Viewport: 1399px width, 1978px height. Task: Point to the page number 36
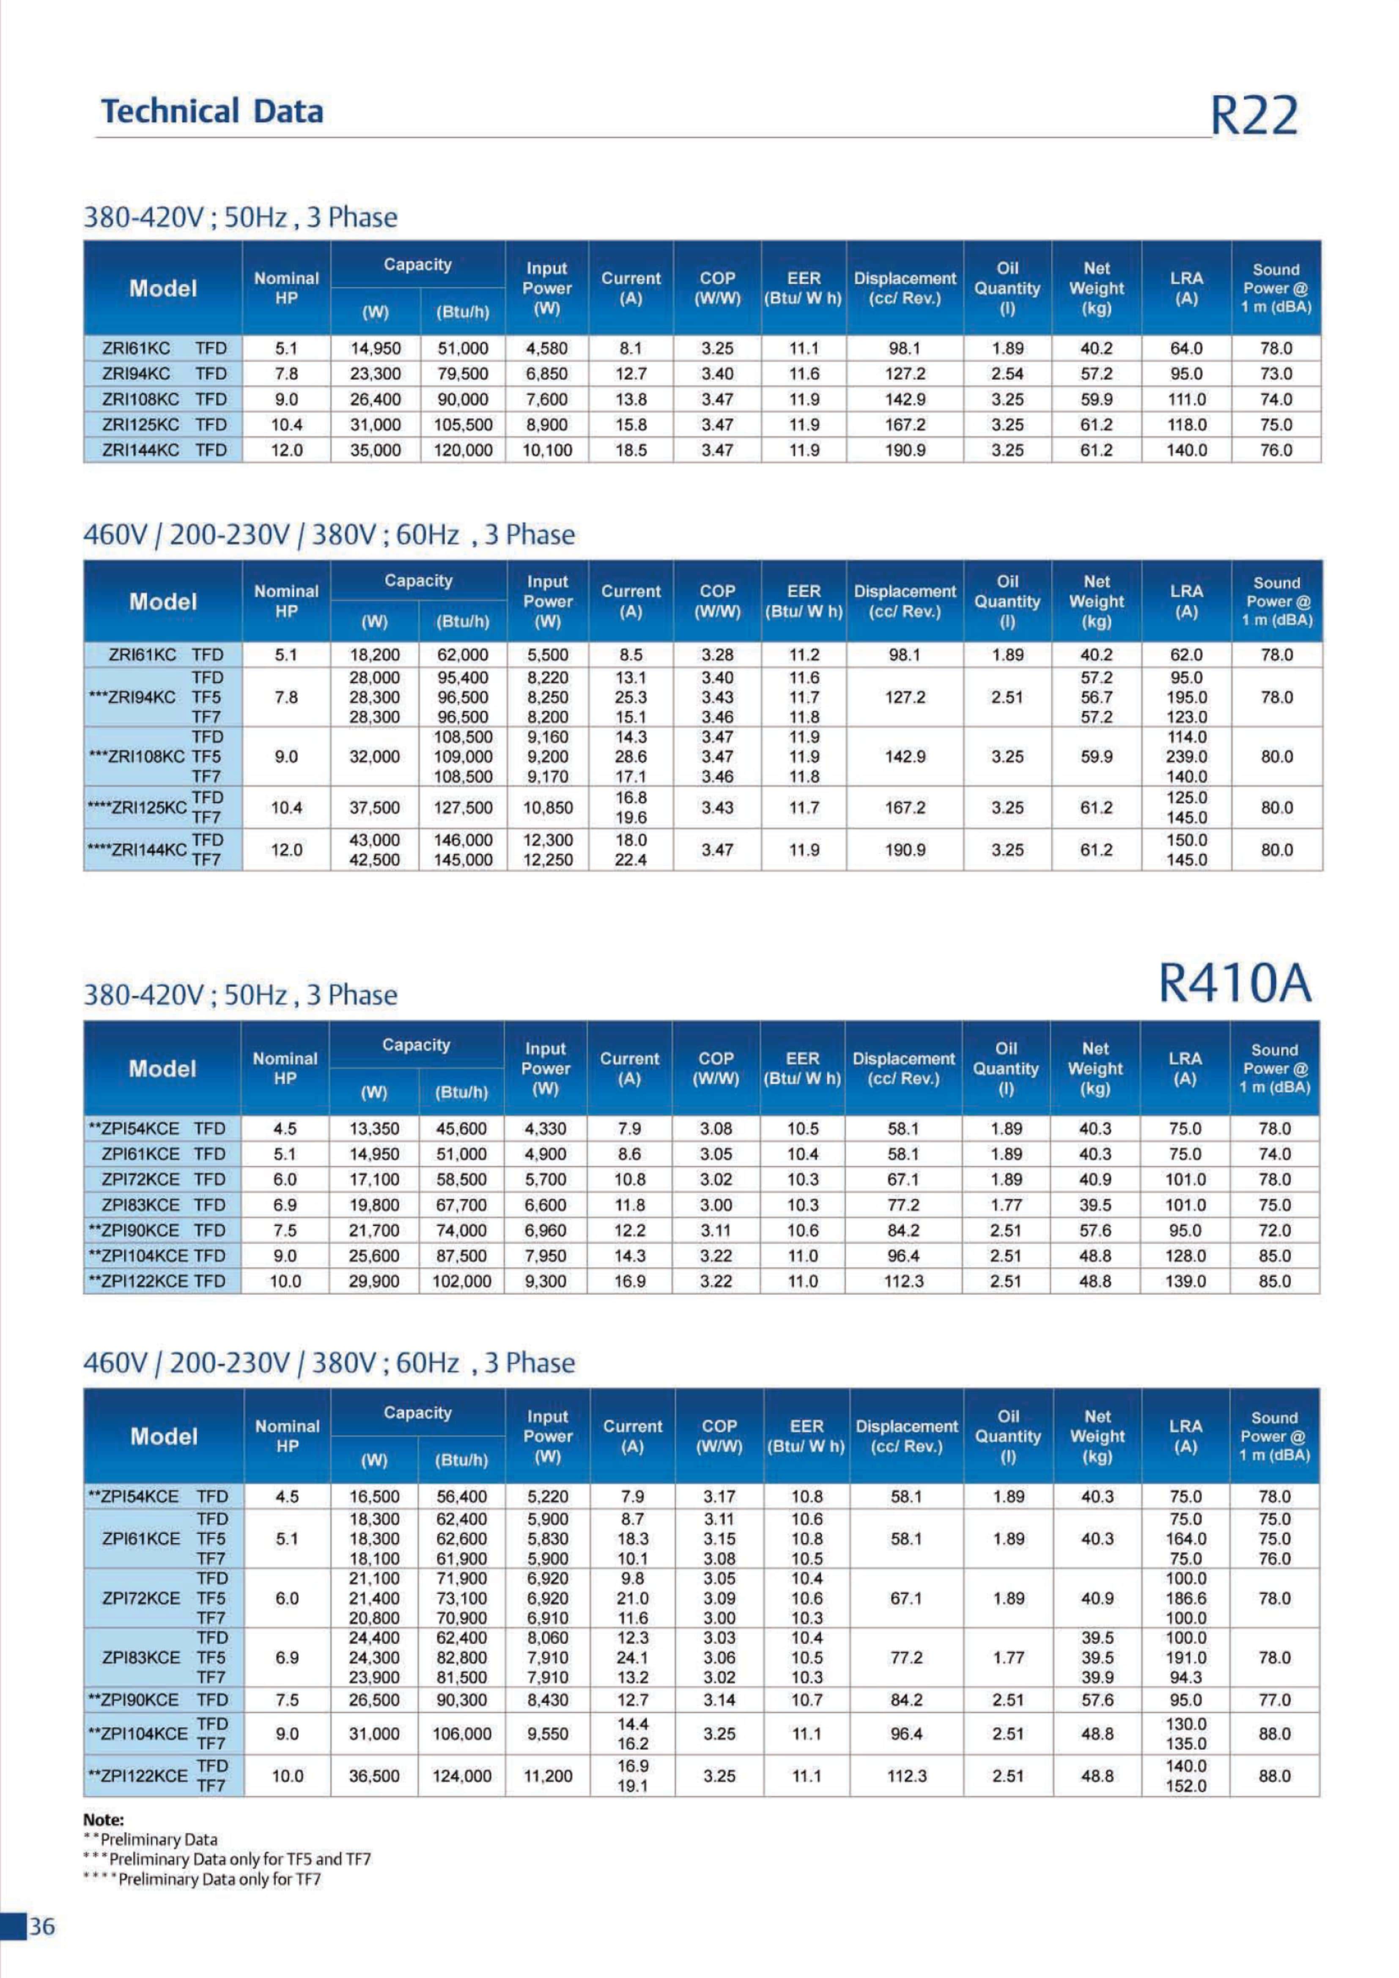pos(41,1926)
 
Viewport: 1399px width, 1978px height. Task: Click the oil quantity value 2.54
pos(1007,374)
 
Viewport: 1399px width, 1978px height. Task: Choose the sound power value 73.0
pos(1276,374)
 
